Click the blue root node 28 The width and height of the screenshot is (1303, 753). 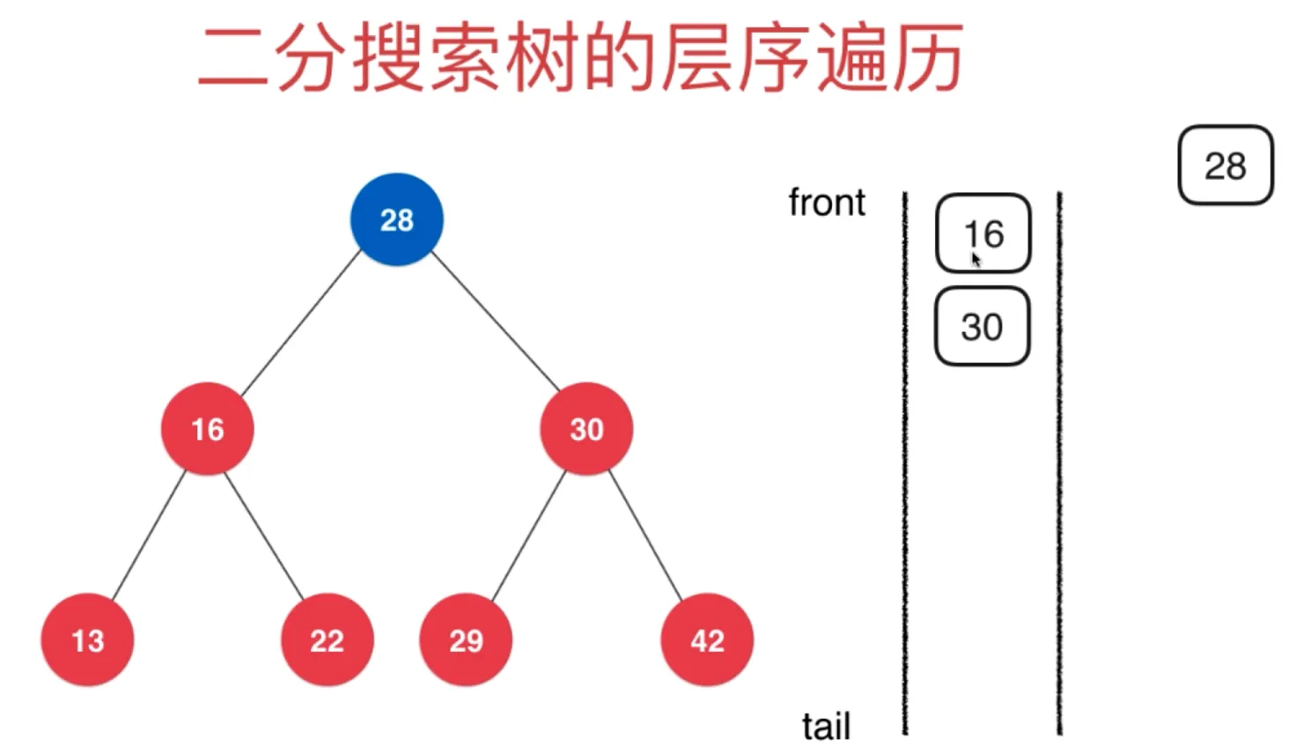pos(397,219)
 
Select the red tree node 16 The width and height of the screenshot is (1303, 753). pos(208,429)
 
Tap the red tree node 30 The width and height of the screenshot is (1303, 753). pos(586,429)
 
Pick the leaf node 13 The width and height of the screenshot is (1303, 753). pos(87,640)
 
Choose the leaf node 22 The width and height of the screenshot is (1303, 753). pos(327,640)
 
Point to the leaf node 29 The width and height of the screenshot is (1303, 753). pos(466,640)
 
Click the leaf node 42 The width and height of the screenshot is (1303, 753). pos(707,640)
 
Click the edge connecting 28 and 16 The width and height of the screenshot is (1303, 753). pos(301,323)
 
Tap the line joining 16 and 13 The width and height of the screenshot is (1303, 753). pos(149,535)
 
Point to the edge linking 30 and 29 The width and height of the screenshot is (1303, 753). pos(528,535)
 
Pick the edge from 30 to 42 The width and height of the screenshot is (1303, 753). pos(645,535)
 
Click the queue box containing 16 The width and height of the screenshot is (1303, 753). pos(983,233)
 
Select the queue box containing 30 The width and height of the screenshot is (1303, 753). pos(982,327)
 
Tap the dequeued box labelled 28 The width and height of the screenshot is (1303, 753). pos(1225,166)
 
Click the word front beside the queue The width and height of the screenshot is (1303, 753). pos(827,203)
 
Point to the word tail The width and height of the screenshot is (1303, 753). pos(826,727)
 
